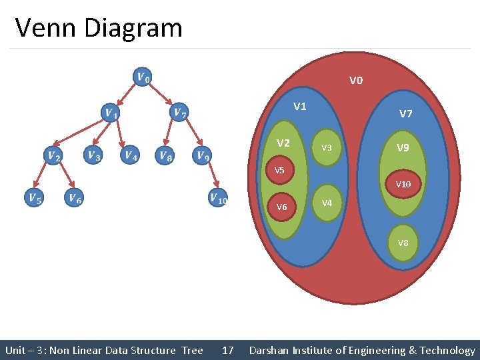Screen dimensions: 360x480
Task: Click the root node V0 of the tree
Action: coord(142,77)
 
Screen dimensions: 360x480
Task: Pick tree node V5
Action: coord(33,197)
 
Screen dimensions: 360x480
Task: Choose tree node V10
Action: coord(217,197)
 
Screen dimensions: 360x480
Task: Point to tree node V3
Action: coord(93,155)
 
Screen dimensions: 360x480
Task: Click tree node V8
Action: coord(165,155)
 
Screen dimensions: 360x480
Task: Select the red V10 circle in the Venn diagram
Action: coord(403,184)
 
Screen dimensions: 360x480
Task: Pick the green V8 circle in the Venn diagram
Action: coord(403,243)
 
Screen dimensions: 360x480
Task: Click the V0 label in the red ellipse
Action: coord(356,81)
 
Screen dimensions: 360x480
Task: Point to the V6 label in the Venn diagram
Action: coord(281,207)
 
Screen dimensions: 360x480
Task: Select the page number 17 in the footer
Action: coord(227,350)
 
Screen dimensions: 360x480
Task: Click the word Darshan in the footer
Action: coord(271,350)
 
